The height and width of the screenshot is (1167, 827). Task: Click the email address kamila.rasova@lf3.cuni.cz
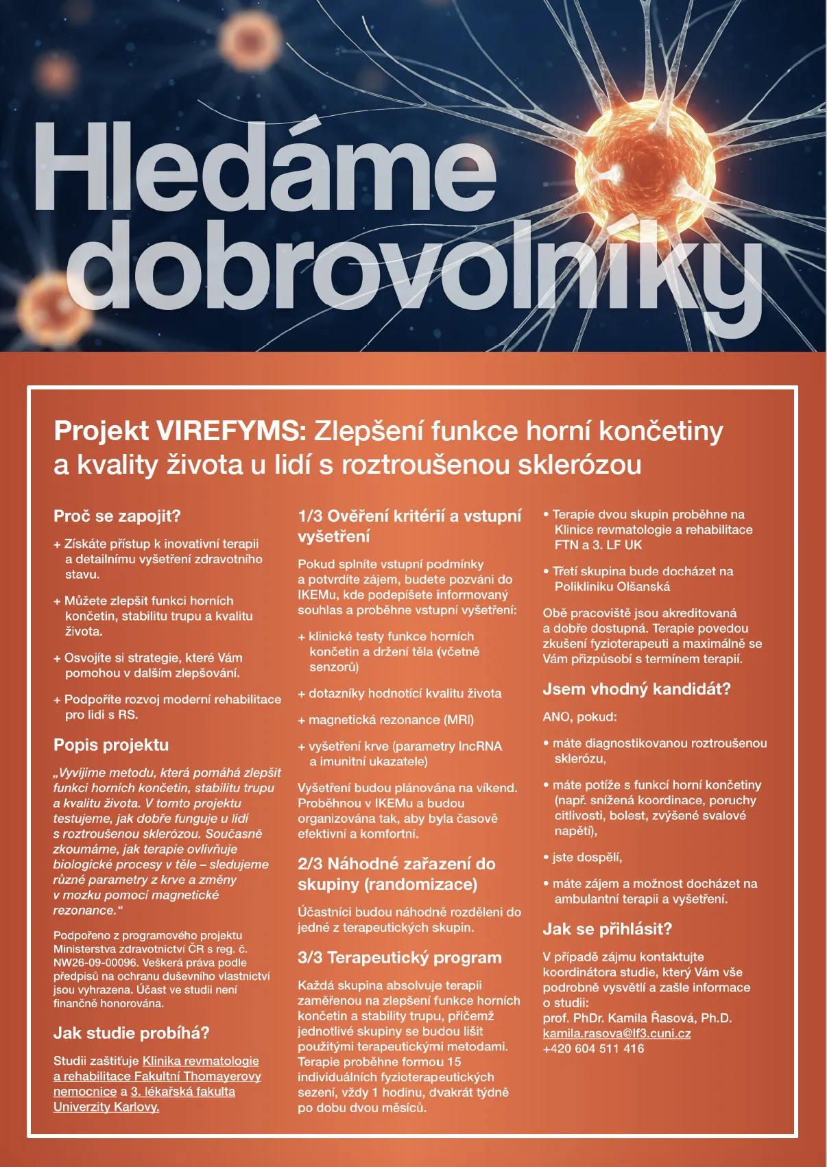click(x=616, y=1033)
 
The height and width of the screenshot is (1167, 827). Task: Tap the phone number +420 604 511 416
click(x=593, y=1048)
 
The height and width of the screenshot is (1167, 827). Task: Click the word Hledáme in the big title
click(x=264, y=168)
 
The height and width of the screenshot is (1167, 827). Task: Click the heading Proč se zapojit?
click(x=117, y=516)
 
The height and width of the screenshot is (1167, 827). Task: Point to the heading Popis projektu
click(x=111, y=745)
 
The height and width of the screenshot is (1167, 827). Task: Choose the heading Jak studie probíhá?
click(x=132, y=1033)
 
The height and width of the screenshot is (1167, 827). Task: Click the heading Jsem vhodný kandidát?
click(x=636, y=689)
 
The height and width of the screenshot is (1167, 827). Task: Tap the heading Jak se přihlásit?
click(x=607, y=929)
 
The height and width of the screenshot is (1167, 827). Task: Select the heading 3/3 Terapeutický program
click(x=399, y=958)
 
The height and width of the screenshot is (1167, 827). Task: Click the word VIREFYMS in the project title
click(x=232, y=431)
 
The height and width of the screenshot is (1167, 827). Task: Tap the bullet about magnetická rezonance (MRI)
click(x=391, y=720)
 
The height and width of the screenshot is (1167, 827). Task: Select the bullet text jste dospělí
click(x=587, y=857)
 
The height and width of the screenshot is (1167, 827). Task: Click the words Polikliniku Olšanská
click(x=612, y=586)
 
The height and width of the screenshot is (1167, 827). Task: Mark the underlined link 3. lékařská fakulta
click(x=183, y=1092)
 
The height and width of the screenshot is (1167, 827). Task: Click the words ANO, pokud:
click(x=579, y=717)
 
